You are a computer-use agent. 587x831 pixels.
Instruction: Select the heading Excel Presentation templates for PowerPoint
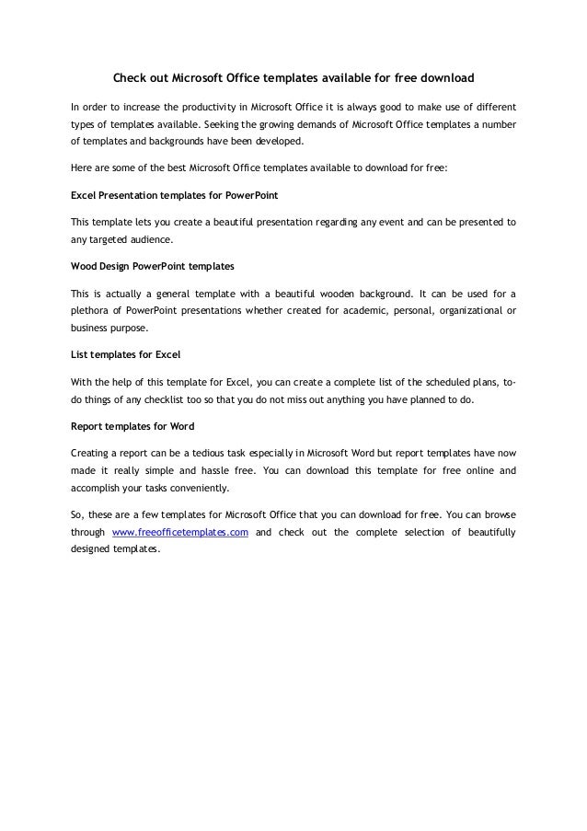175,196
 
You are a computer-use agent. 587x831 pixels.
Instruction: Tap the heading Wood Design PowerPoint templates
152,267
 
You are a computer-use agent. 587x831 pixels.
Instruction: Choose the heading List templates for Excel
120,353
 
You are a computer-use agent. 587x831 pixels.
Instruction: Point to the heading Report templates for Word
132,425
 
